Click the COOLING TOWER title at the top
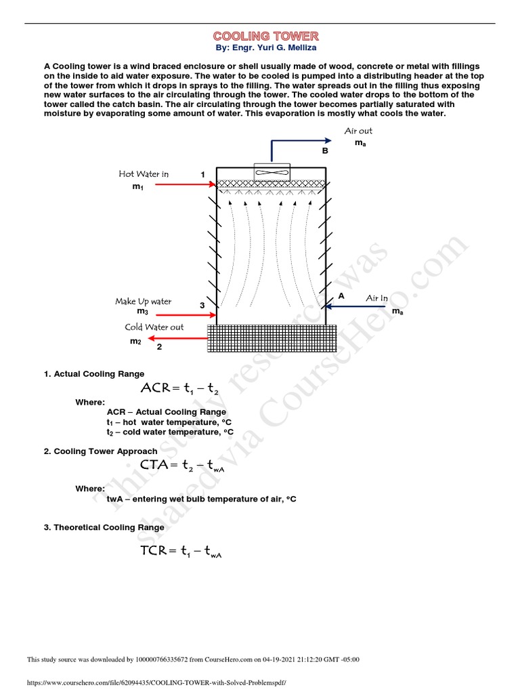265,36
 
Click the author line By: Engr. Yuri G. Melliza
265,48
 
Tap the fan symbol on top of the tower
272,173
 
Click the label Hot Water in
144,174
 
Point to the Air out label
358,131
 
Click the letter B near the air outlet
325,150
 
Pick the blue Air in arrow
360,306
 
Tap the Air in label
377,298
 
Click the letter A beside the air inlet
341,296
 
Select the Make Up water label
143,301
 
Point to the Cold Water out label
154,327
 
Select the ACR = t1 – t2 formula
179,388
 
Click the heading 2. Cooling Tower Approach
101,451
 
